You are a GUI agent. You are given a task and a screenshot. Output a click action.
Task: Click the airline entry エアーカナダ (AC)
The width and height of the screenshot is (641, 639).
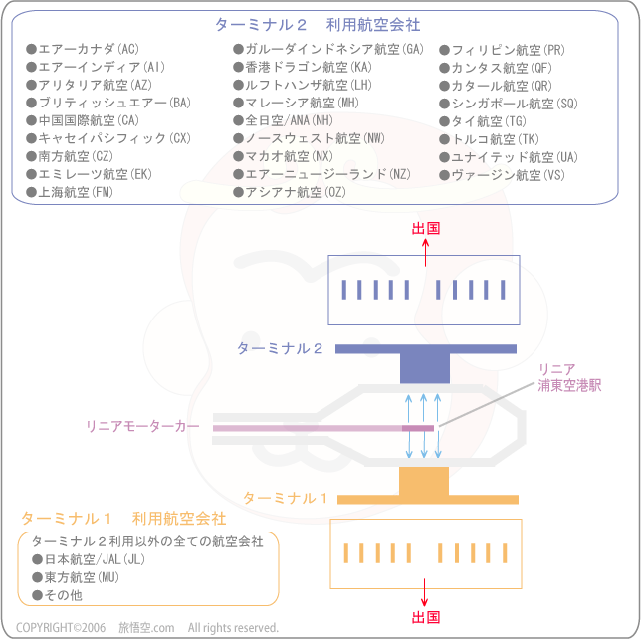point(83,49)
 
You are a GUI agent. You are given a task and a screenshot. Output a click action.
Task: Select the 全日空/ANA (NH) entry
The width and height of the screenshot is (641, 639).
point(284,120)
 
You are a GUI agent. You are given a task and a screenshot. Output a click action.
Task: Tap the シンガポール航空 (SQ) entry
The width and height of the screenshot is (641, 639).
point(509,104)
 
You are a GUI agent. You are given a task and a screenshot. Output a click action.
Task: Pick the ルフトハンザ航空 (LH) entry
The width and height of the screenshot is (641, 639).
point(303,85)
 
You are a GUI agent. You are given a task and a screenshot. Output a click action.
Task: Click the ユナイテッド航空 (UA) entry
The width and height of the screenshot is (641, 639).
point(509,157)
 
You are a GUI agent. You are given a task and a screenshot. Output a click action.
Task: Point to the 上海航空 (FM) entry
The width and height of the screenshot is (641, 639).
point(70,192)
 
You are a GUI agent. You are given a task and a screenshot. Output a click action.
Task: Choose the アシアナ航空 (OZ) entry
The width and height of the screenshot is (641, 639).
point(290,192)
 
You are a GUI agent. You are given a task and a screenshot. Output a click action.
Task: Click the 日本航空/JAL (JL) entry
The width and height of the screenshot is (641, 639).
point(89,559)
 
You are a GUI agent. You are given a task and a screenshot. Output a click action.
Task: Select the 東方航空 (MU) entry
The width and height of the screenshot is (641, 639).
point(76,577)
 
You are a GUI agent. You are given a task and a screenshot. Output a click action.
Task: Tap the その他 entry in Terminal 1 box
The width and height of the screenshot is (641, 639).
point(58,595)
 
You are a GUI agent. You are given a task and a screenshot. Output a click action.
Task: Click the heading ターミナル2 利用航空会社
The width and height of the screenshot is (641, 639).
point(318,25)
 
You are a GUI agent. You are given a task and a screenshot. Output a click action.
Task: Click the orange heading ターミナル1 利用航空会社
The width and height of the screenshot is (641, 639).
point(123,519)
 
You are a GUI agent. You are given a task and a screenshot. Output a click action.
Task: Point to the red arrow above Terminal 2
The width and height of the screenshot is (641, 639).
point(426,252)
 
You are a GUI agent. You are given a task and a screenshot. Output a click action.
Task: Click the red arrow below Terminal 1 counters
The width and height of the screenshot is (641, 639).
point(424,592)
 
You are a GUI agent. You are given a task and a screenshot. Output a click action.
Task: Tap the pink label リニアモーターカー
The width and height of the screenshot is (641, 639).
point(142,426)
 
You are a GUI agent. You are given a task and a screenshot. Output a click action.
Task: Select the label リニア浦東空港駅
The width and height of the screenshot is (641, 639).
point(569,377)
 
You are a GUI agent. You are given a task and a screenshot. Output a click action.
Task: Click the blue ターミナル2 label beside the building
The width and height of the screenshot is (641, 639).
point(280,348)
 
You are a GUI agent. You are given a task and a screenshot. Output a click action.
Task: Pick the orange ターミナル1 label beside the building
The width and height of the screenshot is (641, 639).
point(286,498)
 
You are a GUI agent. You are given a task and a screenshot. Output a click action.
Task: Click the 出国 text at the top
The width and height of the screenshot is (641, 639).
point(426,229)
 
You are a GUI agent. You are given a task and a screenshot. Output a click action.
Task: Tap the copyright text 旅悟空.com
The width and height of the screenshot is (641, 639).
point(146,627)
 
